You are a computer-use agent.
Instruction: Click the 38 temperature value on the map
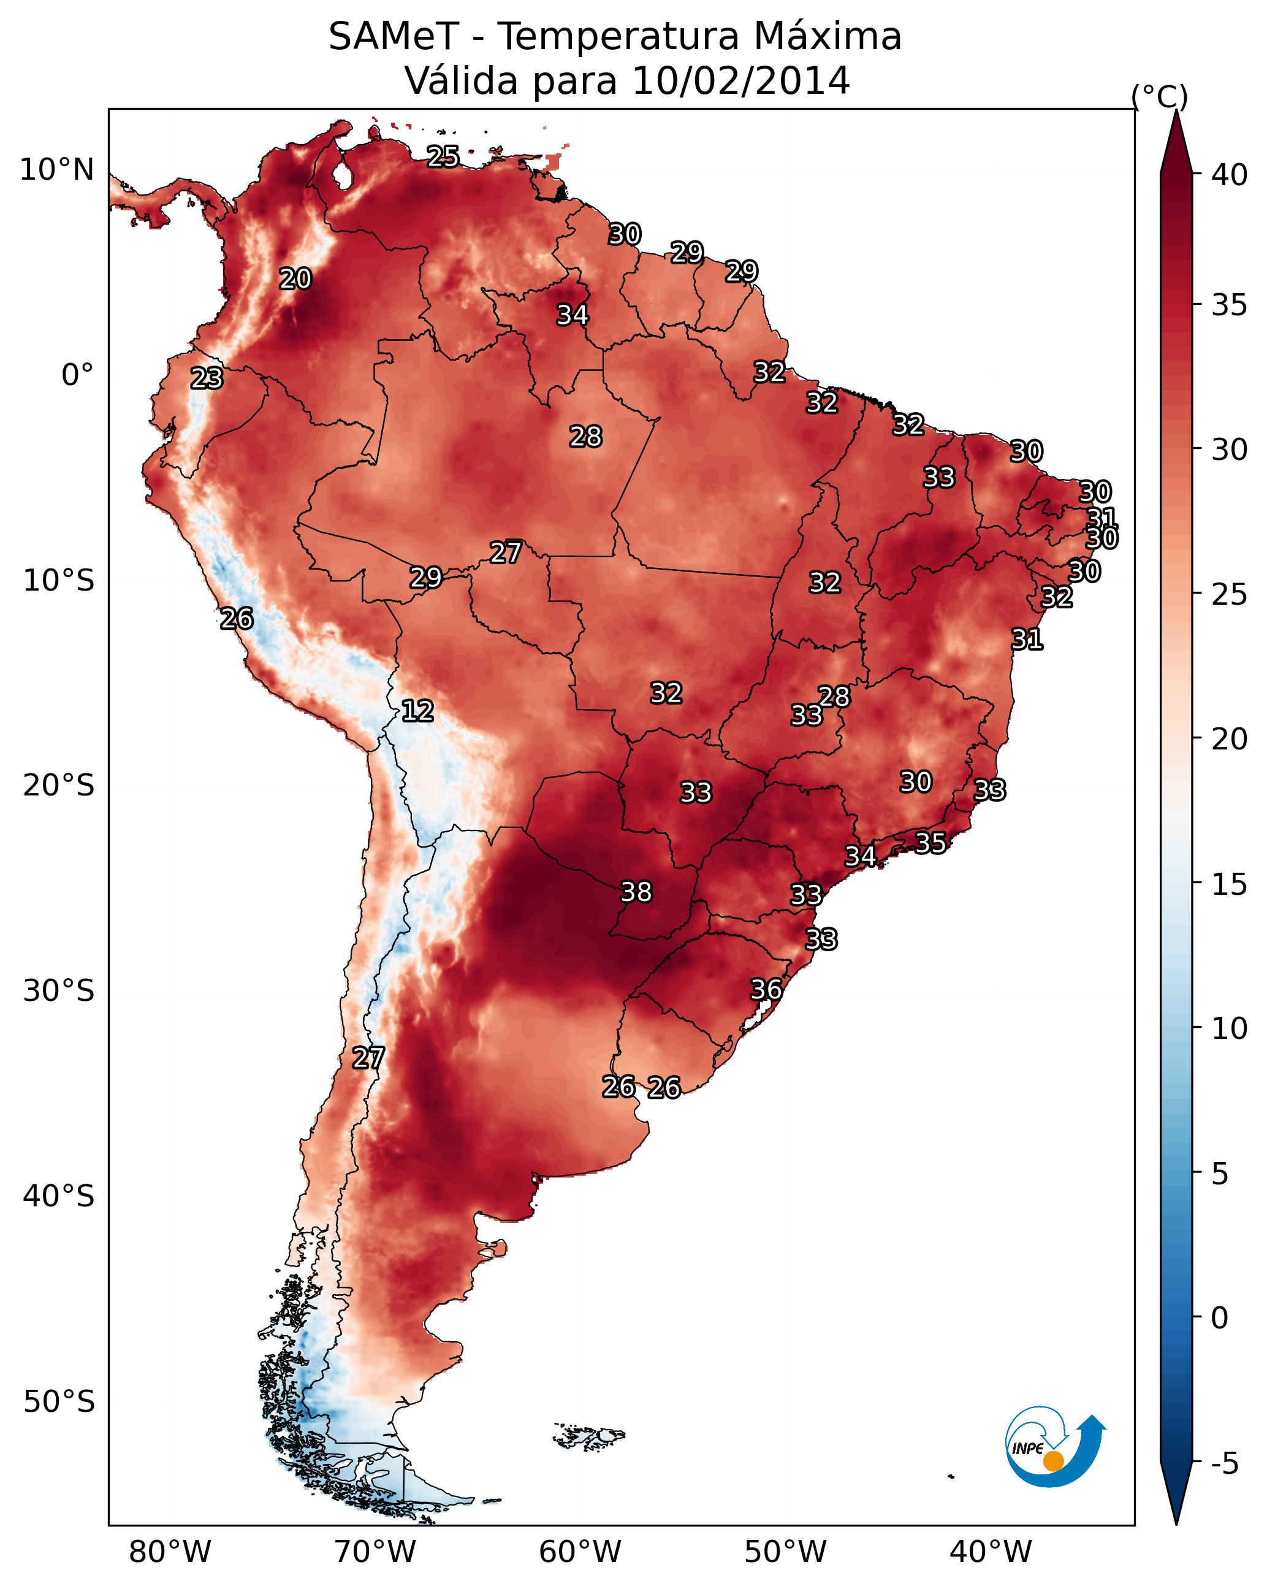click(636, 892)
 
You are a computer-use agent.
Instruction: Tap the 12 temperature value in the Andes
click(417, 711)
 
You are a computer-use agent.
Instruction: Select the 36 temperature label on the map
click(766, 989)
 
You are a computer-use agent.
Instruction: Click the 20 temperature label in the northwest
click(295, 279)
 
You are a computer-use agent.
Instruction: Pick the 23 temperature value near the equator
click(207, 378)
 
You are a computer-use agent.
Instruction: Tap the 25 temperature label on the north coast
click(443, 156)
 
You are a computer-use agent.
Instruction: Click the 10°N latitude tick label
click(56, 170)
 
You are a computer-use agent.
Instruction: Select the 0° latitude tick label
click(78, 375)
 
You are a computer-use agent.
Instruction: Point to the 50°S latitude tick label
click(59, 1402)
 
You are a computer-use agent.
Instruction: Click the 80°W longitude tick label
click(170, 1552)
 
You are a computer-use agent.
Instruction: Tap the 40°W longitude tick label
click(991, 1552)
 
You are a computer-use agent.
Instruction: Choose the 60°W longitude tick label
click(580, 1552)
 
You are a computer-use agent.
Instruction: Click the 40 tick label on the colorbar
click(1230, 175)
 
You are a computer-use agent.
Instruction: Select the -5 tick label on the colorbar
click(1224, 1464)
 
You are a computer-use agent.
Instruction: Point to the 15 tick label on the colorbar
click(1230, 884)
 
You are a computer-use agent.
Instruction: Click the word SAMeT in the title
click(394, 37)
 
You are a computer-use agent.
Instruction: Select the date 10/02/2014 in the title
click(741, 81)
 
